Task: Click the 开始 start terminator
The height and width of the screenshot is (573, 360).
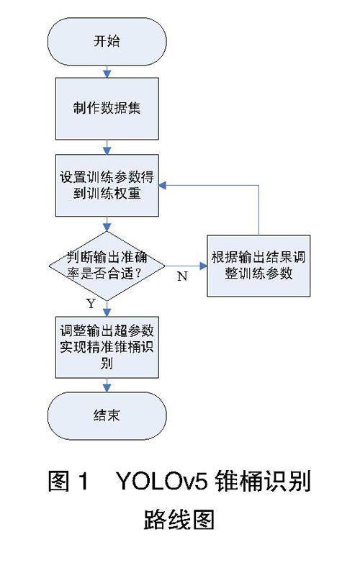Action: point(107,41)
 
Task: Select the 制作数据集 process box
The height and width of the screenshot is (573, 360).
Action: point(107,109)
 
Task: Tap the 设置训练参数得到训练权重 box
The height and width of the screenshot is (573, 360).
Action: point(107,185)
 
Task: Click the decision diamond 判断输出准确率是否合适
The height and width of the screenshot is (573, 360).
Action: point(107,266)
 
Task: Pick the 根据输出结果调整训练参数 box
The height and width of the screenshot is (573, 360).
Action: point(258,266)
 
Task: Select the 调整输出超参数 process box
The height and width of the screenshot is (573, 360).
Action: point(107,347)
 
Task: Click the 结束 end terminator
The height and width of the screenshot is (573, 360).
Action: point(107,415)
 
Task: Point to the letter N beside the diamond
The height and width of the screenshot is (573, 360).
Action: point(182,276)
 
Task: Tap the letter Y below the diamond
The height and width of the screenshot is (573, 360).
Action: point(91,303)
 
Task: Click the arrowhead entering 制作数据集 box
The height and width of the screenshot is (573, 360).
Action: point(107,74)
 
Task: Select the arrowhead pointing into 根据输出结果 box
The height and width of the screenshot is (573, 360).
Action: point(203,266)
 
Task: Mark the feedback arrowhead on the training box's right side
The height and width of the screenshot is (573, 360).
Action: point(163,185)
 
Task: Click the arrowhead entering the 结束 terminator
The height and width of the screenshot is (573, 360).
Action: point(107,389)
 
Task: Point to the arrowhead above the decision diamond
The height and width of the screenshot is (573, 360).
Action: point(107,227)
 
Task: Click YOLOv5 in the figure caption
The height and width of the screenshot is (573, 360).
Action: point(162,481)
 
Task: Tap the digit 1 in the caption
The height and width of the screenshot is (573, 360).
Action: point(84,481)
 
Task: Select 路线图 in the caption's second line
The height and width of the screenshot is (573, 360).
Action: point(179,519)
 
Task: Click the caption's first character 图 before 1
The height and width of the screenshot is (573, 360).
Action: point(58,481)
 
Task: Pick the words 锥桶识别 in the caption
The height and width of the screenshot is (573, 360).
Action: point(262,481)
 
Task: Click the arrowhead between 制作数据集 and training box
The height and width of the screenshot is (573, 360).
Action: point(107,150)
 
